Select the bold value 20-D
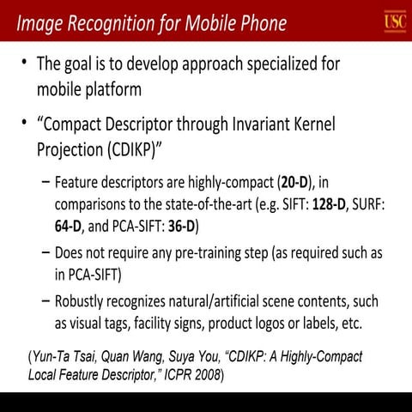coord(295,183)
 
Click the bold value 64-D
coord(70,227)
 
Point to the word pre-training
coord(197,253)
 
